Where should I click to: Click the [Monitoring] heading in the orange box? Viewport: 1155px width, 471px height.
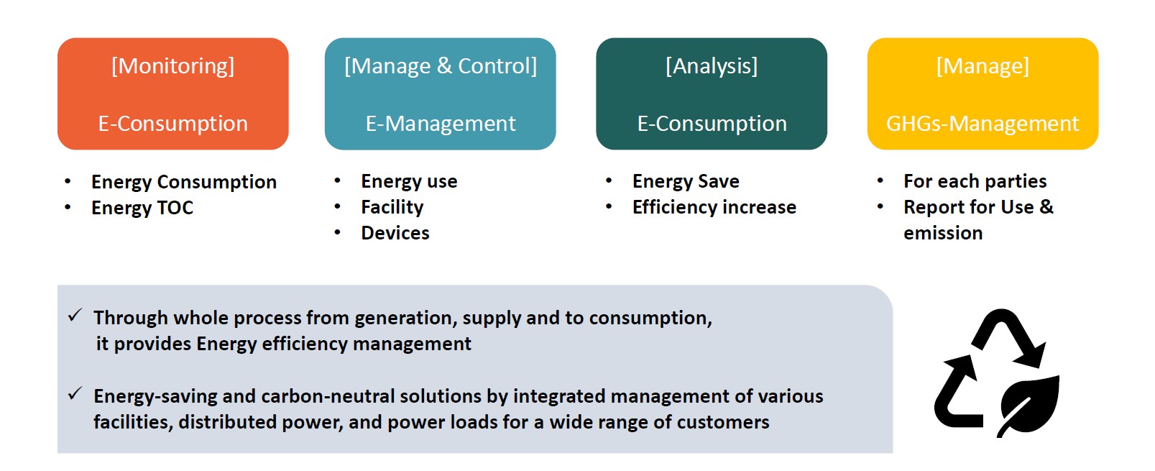point(172,67)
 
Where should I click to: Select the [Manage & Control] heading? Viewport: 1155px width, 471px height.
point(441,67)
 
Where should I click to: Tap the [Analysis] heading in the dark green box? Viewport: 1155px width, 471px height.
point(712,67)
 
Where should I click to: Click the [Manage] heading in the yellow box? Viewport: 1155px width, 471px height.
point(983,67)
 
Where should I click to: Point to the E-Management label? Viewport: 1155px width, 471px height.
point(441,124)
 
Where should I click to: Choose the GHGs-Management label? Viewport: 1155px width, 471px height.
point(983,124)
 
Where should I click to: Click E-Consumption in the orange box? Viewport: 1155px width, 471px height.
point(172,124)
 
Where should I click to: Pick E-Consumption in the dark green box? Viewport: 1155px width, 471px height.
point(712,124)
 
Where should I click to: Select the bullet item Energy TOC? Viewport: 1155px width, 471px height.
point(142,208)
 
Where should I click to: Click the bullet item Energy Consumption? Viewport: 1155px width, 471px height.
point(184,182)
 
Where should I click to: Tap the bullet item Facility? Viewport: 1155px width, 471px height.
point(392,207)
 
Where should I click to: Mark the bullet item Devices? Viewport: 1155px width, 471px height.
point(395,233)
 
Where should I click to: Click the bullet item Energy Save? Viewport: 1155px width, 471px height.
point(686,182)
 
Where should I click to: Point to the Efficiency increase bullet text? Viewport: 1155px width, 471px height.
point(714,207)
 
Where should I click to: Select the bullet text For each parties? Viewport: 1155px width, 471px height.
point(975,182)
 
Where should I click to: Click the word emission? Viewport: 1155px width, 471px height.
point(943,233)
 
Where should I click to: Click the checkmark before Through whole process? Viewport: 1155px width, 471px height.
point(75,315)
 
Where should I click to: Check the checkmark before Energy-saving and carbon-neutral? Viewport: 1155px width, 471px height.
point(75,394)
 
